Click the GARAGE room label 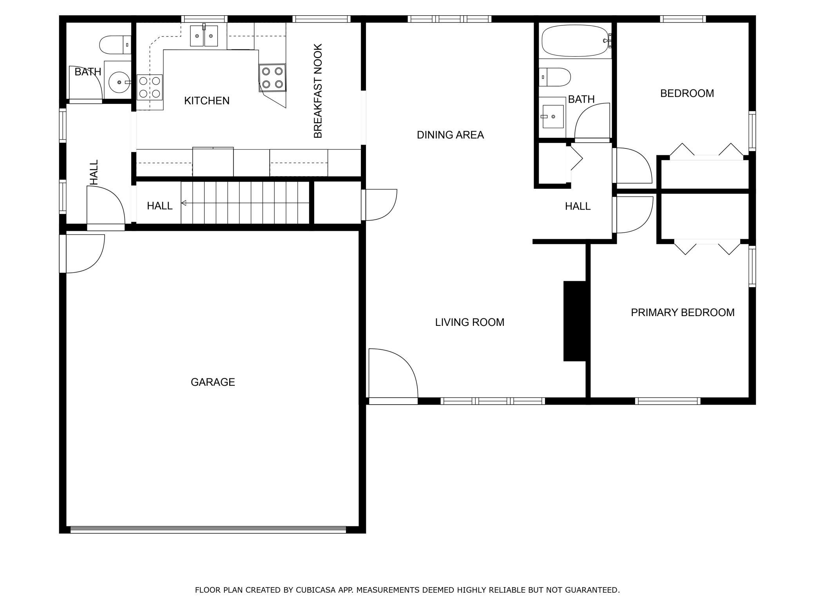click(x=213, y=382)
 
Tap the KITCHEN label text click(x=207, y=101)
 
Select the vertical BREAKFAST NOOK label click(x=318, y=91)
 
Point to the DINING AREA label click(x=450, y=135)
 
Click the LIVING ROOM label click(x=469, y=322)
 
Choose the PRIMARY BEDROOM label click(x=683, y=312)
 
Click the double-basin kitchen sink click(x=204, y=36)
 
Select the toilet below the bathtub click(x=554, y=77)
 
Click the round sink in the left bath click(x=119, y=82)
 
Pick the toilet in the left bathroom click(x=115, y=45)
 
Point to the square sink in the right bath click(x=552, y=116)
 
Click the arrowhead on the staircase click(x=183, y=203)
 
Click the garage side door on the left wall click(x=82, y=253)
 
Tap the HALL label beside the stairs click(x=159, y=206)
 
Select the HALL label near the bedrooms click(x=578, y=206)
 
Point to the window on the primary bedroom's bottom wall click(x=668, y=401)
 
